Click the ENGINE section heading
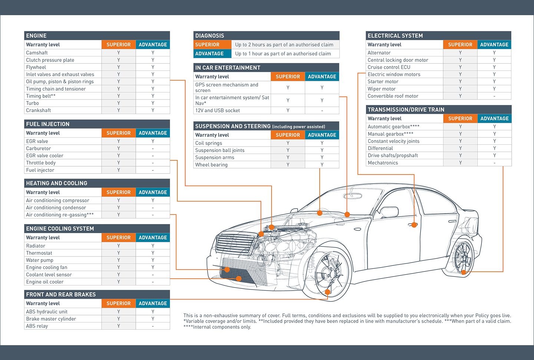(36, 36)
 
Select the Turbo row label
(33, 103)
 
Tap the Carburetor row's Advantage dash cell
(153, 148)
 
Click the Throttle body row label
(41, 163)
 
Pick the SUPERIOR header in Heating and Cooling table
(119, 192)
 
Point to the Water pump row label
(40, 260)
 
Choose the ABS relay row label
(37, 326)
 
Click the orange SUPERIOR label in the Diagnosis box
(207, 45)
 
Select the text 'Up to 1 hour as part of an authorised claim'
(283, 53)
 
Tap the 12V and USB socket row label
(218, 110)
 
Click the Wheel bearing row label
(211, 165)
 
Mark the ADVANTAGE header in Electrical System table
(494, 45)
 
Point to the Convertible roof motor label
(393, 96)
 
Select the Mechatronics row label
(383, 163)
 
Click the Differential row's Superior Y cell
(460, 148)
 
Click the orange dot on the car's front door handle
(414, 225)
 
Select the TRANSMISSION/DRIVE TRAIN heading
(406, 109)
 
